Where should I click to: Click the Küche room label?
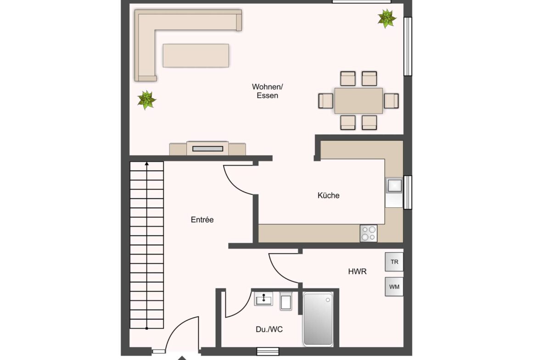(329, 195)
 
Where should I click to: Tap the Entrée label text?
(202, 220)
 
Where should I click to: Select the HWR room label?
(357, 271)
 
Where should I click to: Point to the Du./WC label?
(266, 329)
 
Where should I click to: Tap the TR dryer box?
(394, 262)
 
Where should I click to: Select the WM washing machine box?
(394, 287)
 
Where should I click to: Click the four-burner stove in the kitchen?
(368, 233)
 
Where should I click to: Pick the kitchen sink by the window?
(394, 185)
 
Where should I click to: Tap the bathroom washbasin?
(264, 299)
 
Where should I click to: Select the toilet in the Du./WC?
(285, 301)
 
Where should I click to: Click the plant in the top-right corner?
(386, 18)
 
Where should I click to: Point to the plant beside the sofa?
(146, 100)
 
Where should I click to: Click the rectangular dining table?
(358, 101)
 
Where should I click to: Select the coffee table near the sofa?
(196, 55)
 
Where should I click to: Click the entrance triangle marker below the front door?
(182, 358)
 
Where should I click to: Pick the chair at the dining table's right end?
(392, 100)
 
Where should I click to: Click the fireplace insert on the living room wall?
(207, 149)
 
